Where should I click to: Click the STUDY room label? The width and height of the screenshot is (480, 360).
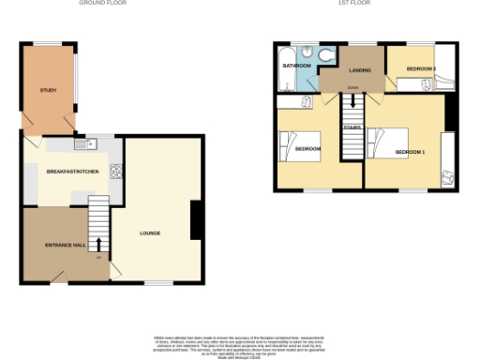point(48,90)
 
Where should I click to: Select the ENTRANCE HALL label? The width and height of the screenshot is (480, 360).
point(66,245)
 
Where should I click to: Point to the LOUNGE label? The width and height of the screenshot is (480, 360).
point(150,232)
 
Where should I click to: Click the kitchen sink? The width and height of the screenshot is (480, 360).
point(92,143)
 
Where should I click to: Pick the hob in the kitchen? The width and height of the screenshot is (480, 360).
point(116,172)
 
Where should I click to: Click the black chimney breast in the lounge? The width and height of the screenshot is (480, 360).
point(197,220)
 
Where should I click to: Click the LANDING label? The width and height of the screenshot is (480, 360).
point(360,70)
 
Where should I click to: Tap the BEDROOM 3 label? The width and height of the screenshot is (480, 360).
point(421,69)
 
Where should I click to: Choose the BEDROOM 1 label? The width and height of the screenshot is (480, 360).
point(410,152)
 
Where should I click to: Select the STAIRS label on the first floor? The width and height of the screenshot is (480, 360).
point(352,127)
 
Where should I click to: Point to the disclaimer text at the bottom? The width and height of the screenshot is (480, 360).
point(240,344)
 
